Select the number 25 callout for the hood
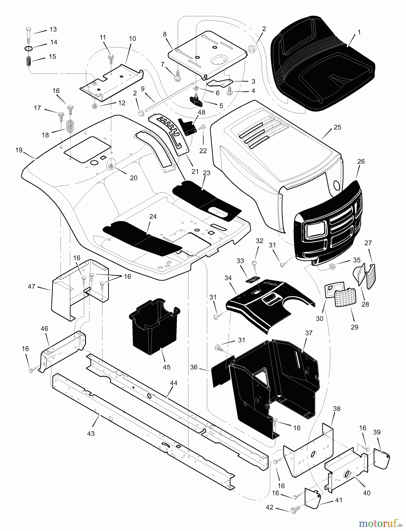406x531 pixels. pyautogui.click(x=337, y=127)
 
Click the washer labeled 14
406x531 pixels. pyautogui.click(x=28, y=48)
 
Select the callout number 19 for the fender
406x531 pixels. pyautogui.click(x=19, y=150)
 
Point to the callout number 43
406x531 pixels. pyautogui.click(x=91, y=434)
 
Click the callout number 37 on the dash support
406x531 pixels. pyautogui.click(x=309, y=333)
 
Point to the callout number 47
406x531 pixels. pyautogui.click(x=32, y=286)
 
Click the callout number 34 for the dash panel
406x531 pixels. pyautogui.click(x=228, y=278)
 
